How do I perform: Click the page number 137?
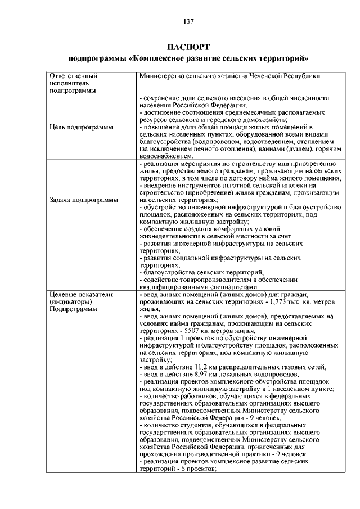tap(188, 21)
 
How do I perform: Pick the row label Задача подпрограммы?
tap(84, 200)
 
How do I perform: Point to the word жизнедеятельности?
tap(172, 236)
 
